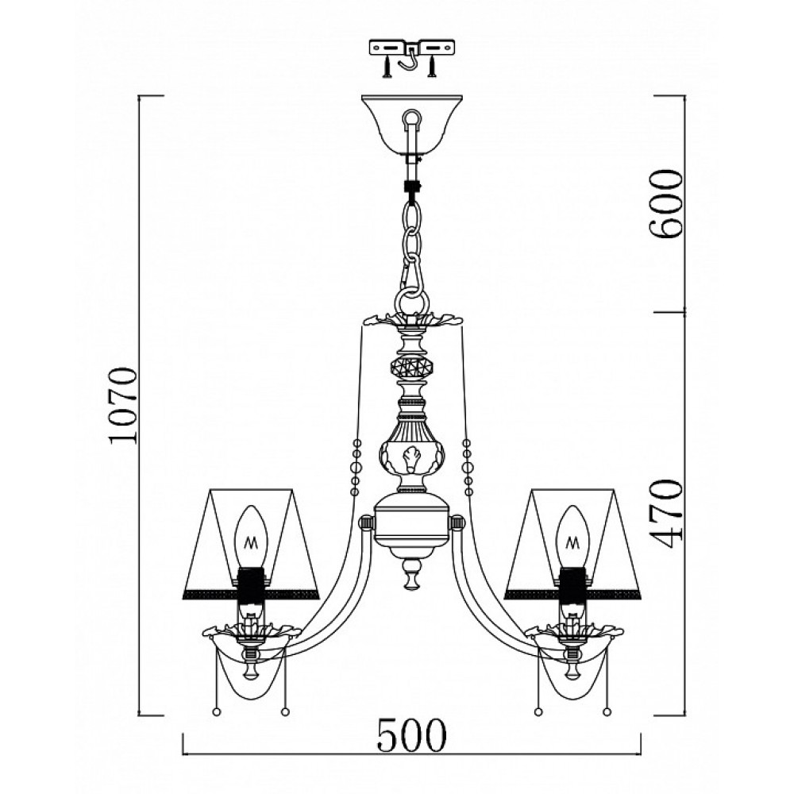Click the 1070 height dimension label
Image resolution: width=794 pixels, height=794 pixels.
tap(124, 405)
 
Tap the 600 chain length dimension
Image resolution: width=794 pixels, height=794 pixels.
tap(666, 204)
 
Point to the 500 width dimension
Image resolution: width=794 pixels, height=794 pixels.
tap(411, 734)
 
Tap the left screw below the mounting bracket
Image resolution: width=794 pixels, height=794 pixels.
tap(387, 67)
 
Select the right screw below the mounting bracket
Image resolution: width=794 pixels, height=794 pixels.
tap(431, 67)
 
